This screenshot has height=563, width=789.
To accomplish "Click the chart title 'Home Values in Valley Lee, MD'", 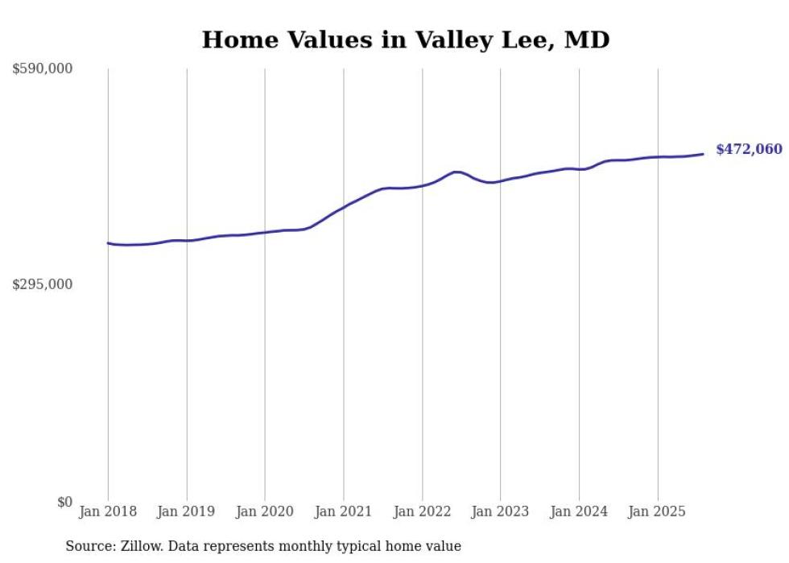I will pyautogui.click(x=406, y=39).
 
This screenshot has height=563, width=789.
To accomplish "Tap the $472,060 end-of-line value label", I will pyautogui.click(x=749, y=149).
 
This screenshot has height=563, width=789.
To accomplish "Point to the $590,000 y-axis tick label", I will pyautogui.click(x=43, y=69).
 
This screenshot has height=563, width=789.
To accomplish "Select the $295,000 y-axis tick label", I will pyautogui.click(x=43, y=285).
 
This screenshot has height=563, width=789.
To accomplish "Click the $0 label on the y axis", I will pyautogui.click(x=64, y=502).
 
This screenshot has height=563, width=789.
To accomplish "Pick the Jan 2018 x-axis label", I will pyautogui.click(x=108, y=511).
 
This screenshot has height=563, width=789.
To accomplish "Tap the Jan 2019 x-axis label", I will pyautogui.click(x=187, y=511).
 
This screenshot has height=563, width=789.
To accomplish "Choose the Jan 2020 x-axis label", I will pyautogui.click(x=265, y=511).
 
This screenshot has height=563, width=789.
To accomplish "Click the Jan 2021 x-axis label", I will pyautogui.click(x=344, y=511).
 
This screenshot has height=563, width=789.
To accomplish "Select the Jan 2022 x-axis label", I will pyautogui.click(x=422, y=511).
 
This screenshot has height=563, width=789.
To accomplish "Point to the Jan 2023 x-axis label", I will pyautogui.click(x=500, y=511).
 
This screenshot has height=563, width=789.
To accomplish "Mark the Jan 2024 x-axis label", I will pyautogui.click(x=579, y=511).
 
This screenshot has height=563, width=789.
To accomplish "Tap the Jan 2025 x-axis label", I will pyautogui.click(x=657, y=511).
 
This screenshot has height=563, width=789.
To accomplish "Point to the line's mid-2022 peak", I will pyautogui.click(x=457, y=172).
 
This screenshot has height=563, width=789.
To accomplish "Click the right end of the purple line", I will pyautogui.click(x=704, y=154).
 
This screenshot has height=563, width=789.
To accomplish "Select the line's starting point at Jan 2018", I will pyautogui.click(x=108, y=242).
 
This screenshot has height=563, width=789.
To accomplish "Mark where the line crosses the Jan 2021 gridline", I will pyautogui.click(x=344, y=207).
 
